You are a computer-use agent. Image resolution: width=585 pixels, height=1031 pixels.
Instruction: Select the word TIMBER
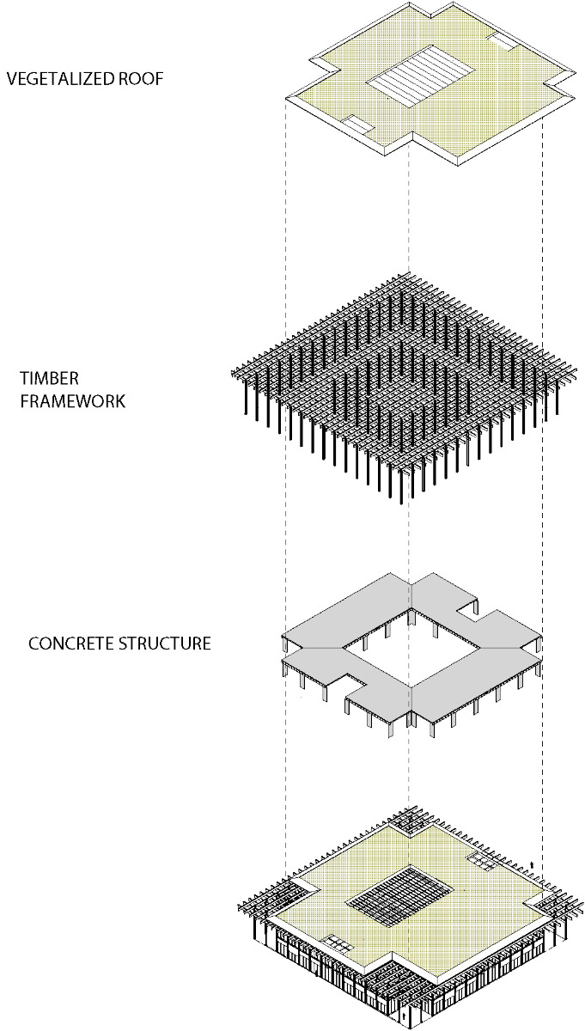coord(44,379)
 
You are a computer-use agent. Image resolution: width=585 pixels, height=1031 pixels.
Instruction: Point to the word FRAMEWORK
coord(72,400)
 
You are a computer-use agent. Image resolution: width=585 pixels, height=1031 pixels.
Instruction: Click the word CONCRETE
coord(70,643)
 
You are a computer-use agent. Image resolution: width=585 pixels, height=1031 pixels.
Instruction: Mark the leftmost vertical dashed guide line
coord(285,430)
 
